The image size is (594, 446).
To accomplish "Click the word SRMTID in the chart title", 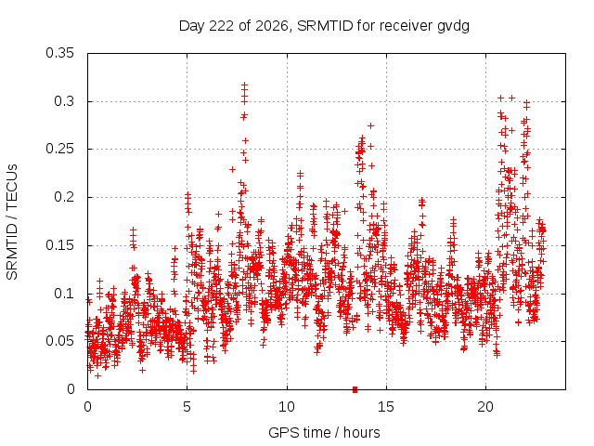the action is pyautogui.click(x=325, y=26).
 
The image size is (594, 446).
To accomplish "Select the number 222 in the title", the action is pyautogui.click(x=221, y=26).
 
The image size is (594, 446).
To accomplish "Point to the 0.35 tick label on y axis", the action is pyautogui.click(x=59, y=53).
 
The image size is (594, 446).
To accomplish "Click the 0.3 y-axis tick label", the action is pyautogui.click(x=64, y=101).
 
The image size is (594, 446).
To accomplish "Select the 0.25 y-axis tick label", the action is pyautogui.click(x=59, y=149).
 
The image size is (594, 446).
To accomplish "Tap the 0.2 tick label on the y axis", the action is pyautogui.click(x=64, y=197).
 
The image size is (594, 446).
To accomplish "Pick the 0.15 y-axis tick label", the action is pyautogui.click(x=59, y=245).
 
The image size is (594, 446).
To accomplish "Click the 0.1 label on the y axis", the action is pyautogui.click(x=64, y=294).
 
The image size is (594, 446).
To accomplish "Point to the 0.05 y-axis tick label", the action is pyautogui.click(x=59, y=341).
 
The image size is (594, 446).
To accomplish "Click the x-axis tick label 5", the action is pyautogui.click(x=187, y=407).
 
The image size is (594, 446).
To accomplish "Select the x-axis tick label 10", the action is pyautogui.click(x=287, y=407).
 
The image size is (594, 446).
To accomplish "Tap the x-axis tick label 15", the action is pyautogui.click(x=386, y=407).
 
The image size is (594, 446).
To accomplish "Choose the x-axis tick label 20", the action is pyautogui.click(x=485, y=407).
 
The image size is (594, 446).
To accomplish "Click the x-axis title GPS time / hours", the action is pyautogui.click(x=324, y=433).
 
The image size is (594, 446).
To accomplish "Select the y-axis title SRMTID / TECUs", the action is pyautogui.click(x=12, y=222).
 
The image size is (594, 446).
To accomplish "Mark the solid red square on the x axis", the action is pyautogui.click(x=355, y=389).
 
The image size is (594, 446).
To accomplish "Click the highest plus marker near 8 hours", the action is pyautogui.click(x=245, y=85).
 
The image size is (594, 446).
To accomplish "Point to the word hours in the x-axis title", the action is pyautogui.click(x=362, y=433).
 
